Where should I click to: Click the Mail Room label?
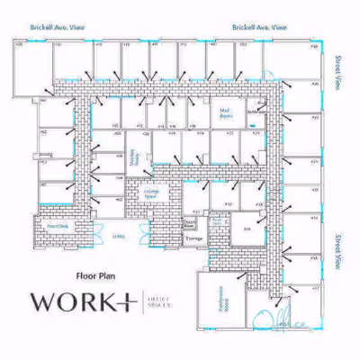pyautogui.click(x=226, y=114)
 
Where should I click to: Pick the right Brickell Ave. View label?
pyautogui.click(x=259, y=28)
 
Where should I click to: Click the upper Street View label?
pyautogui.click(x=338, y=72)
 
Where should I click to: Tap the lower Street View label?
pyautogui.click(x=338, y=252)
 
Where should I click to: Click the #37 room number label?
pyautogui.click(x=315, y=289)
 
